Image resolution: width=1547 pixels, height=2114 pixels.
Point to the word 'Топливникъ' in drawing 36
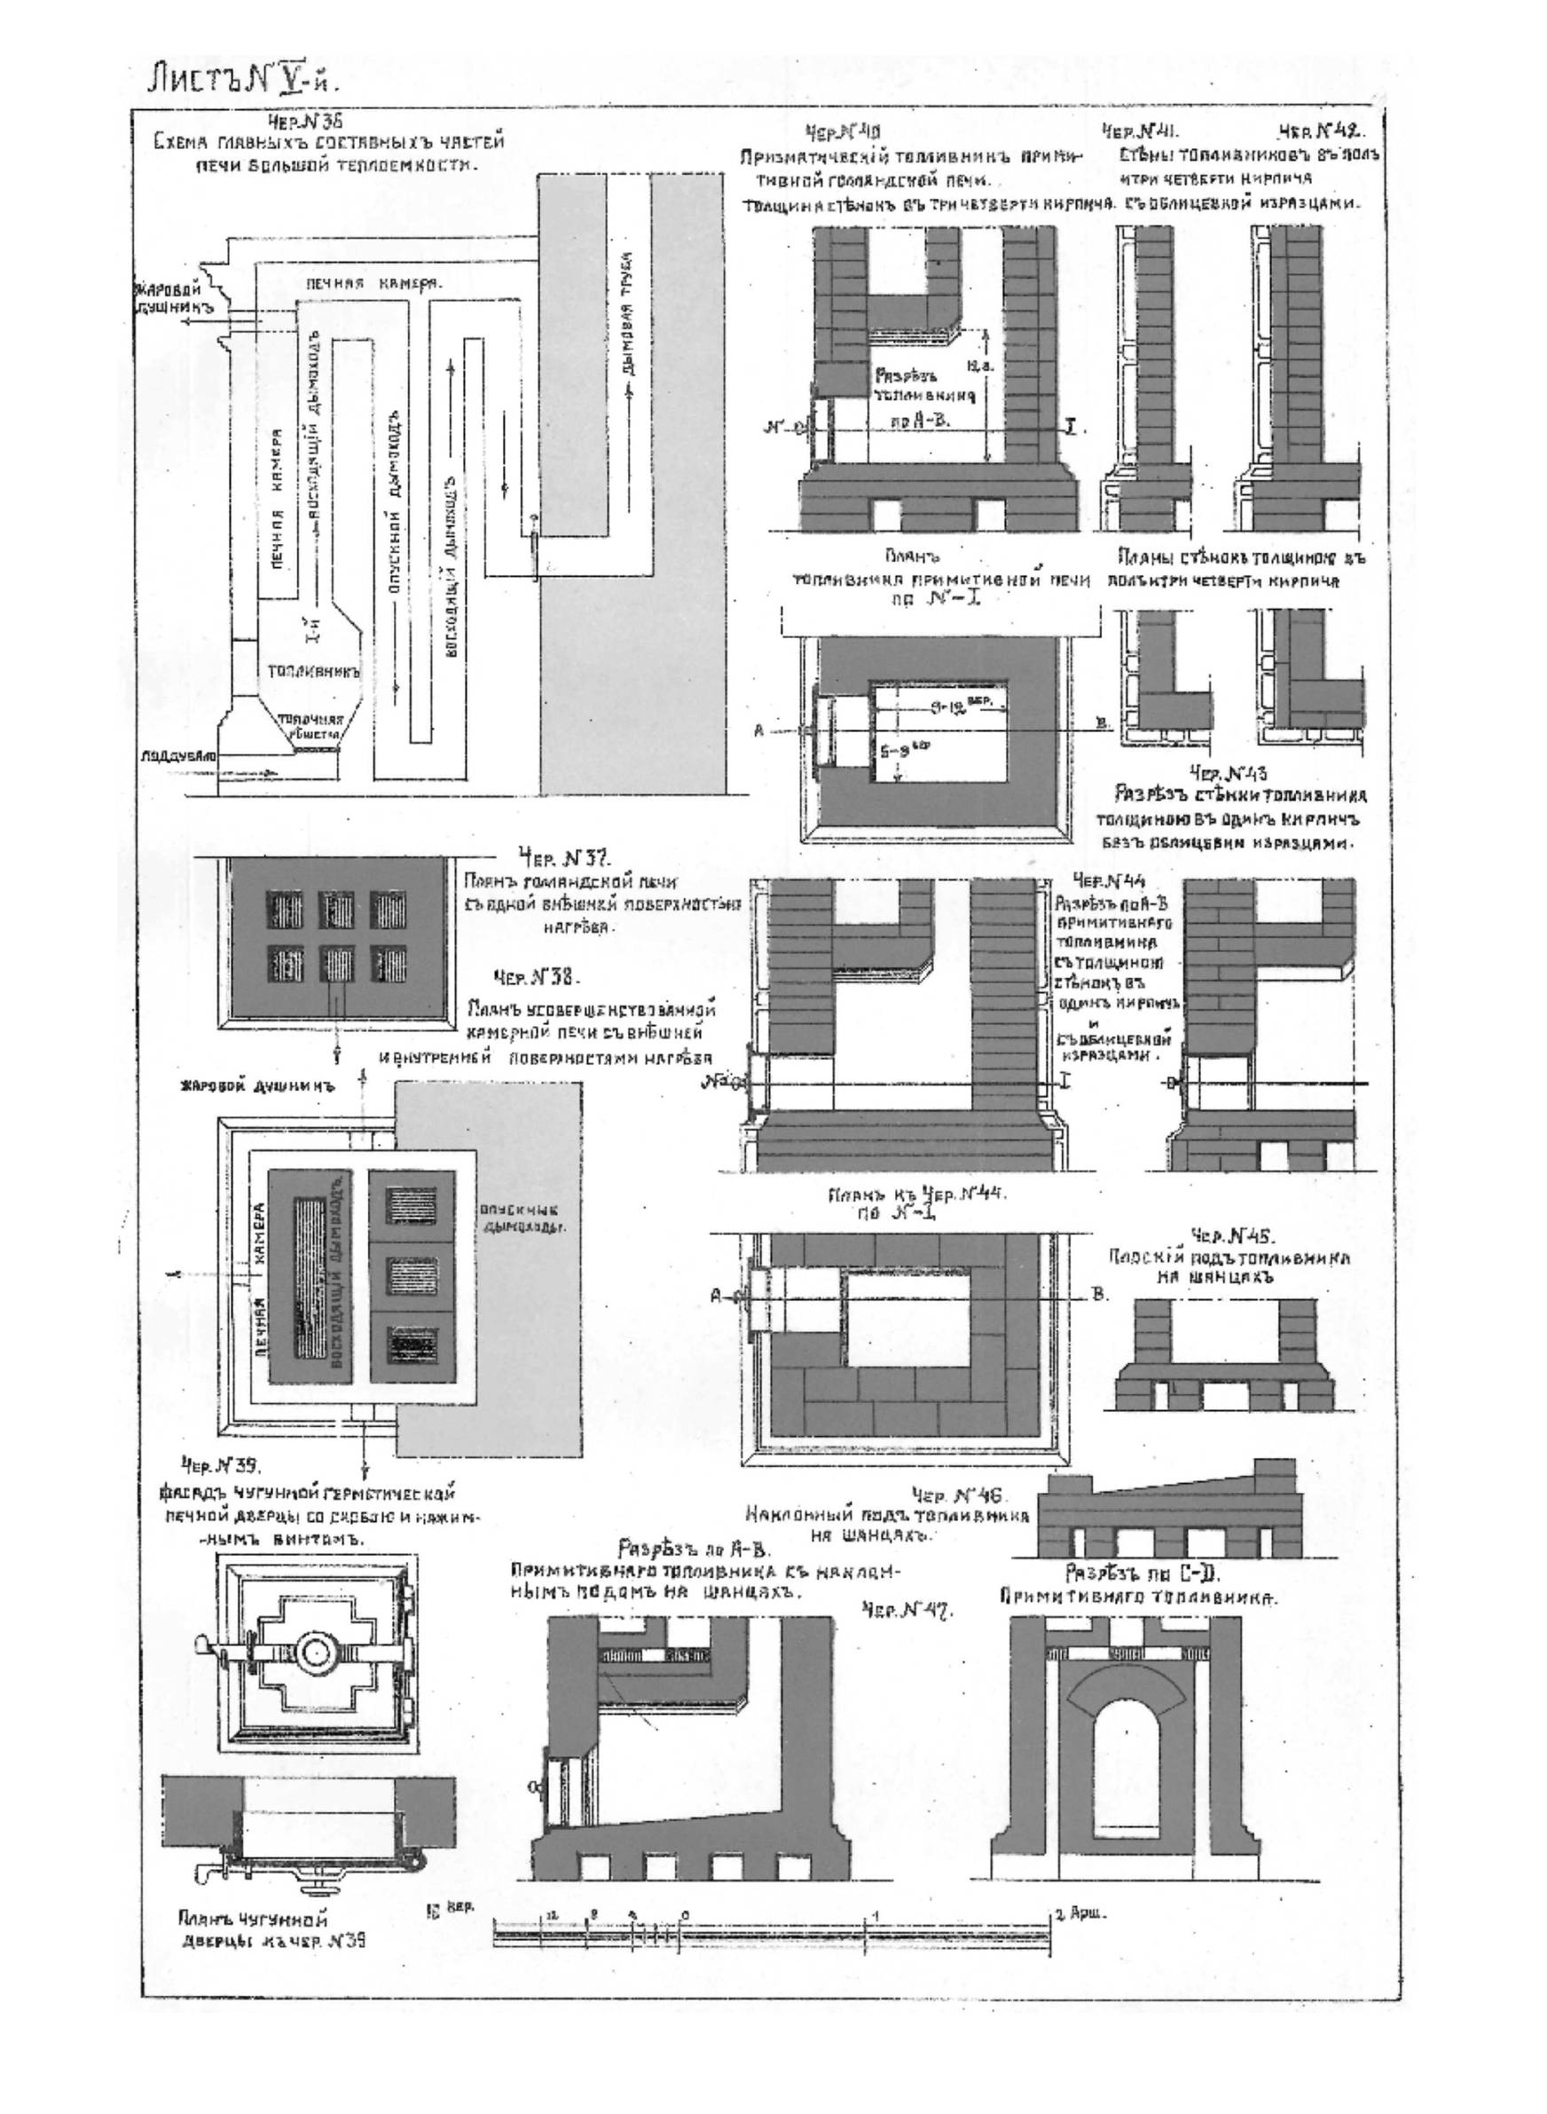314,672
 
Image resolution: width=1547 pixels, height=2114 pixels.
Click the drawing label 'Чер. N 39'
219,1465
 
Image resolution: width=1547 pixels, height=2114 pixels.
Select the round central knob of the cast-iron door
315,1652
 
